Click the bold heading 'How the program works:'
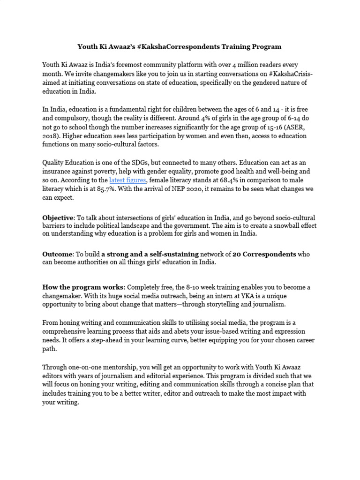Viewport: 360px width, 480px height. (x=84, y=287)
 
